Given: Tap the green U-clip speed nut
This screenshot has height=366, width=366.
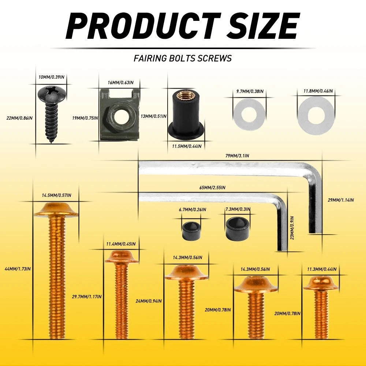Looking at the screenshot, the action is pyautogui.click(x=120, y=115).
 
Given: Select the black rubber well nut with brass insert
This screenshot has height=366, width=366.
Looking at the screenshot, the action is pyautogui.click(x=186, y=114).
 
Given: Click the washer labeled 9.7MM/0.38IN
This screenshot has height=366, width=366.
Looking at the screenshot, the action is pyautogui.click(x=250, y=115).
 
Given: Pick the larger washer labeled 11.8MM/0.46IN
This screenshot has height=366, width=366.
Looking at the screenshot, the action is pyautogui.click(x=316, y=115).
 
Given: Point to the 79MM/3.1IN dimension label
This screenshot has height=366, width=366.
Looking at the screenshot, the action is pyautogui.click(x=237, y=156).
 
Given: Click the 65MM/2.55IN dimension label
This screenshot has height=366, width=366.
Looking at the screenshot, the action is pyautogui.click(x=212, y=187).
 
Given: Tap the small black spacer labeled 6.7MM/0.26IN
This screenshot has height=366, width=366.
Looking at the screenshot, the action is pyautogui.click(x=191, y=231).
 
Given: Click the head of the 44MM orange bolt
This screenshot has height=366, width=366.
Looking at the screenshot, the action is pyautogui.click(x=56, y=210).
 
